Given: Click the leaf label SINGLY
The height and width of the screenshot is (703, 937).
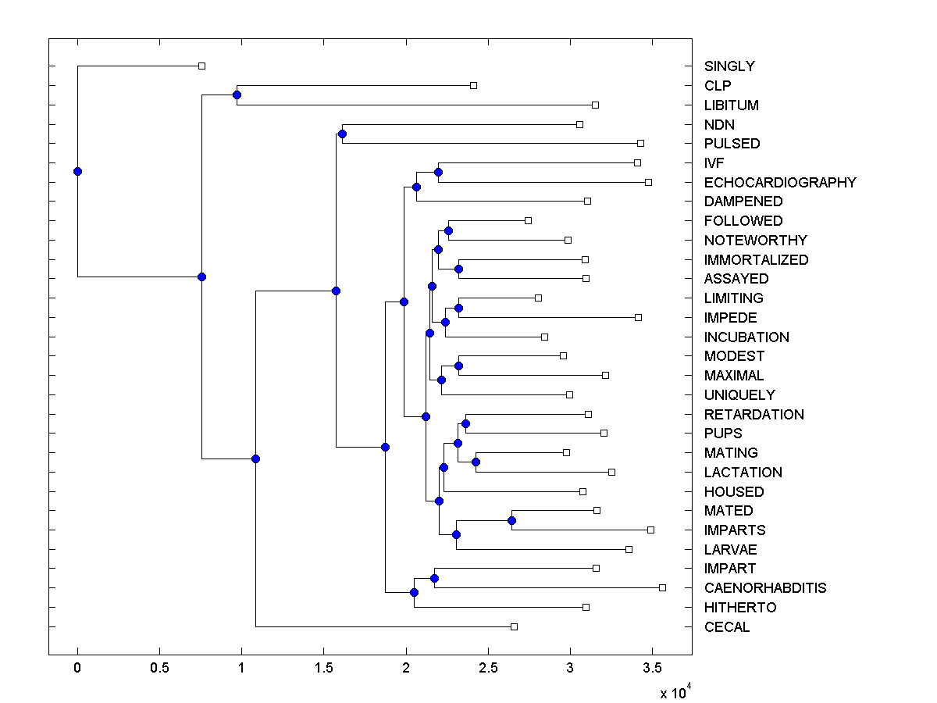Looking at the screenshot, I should [x=729, y=66].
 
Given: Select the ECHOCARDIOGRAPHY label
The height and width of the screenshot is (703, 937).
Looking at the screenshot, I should [x=779, y=182].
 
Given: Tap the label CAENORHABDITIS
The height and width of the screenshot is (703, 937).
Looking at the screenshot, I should [x=764, y=587].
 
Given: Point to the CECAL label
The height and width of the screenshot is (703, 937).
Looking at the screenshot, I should [x=726, y=626].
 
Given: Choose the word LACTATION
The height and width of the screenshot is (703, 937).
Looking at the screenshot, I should [x=743, y=472].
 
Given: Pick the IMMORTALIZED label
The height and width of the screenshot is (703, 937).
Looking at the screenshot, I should [x=756, y=259].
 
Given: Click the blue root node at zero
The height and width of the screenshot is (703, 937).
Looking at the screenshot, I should [x=77, y=171].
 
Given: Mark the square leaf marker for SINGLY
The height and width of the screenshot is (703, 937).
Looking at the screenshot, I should [x=201, y=66].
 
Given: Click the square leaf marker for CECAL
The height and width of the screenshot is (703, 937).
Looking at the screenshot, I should [x=514, y=626].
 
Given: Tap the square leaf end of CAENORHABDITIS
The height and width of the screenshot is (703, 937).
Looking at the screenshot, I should [x=662, y=587].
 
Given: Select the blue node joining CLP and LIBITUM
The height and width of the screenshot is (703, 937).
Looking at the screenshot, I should [x=237, y=95].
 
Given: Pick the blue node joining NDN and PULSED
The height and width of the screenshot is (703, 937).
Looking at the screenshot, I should [x=342, y=134].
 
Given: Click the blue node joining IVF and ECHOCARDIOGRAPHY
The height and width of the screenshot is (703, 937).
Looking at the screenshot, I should [x=438, y=172].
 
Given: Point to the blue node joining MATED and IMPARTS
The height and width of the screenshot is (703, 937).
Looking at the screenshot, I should [x=511, y=520].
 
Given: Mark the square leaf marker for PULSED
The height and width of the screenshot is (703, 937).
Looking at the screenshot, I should [x=640, y=143].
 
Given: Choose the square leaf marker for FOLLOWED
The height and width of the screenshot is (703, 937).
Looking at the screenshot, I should [x=528, y=220].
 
